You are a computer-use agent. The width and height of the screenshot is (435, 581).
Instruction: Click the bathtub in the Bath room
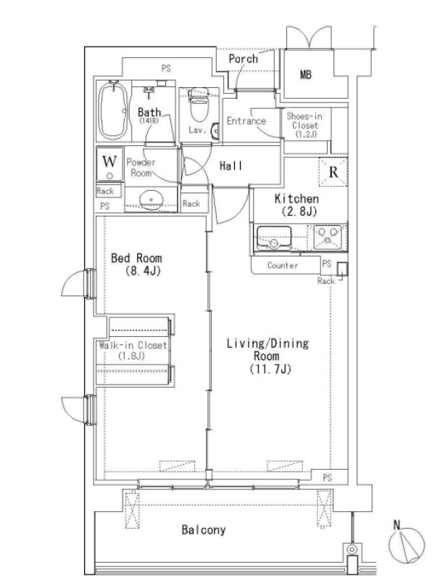(113, 110)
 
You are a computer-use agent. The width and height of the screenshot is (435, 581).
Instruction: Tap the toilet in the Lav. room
(199, 105)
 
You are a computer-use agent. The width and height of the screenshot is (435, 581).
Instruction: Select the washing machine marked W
(109, 163)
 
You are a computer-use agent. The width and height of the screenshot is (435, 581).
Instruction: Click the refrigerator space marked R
(333, 172)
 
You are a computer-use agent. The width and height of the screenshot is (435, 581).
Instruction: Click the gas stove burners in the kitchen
(328, 237)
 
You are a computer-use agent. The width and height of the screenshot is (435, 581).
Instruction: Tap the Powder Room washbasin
(152, 200)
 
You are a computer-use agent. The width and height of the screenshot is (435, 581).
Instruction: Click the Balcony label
(204, 530)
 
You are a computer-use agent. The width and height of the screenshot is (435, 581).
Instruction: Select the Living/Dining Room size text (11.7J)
(270, 369)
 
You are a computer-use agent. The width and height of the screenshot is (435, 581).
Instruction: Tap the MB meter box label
(305, 75)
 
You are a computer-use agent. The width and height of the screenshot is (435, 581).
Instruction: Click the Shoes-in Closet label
(304, 125)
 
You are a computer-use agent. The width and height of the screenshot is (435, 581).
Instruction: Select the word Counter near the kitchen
(283, 265)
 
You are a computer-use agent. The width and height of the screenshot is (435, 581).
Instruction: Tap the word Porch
(243, 59)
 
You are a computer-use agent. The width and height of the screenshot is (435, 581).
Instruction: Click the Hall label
(231, 166)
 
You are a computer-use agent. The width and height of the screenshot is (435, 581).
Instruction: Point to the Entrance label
(246, 121)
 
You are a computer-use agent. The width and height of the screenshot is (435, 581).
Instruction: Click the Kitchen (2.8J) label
(297, 205)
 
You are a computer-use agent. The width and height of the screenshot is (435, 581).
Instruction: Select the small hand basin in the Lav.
(215, 131)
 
